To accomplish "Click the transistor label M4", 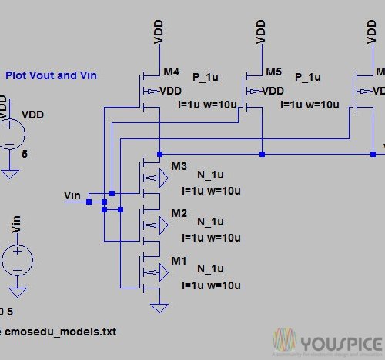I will (x=171, y=72).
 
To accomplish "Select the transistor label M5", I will (x=274, y=72).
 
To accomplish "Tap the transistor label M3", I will (x=179, y=166).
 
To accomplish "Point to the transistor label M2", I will (x=179, y=212).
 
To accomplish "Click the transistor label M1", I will (x=179, y=261).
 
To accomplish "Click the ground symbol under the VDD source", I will (x=10, y=172).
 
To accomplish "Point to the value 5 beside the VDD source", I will (x=25, y=154).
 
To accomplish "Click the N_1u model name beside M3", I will (x=209, y=175).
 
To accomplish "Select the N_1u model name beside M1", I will (x=209, y=268).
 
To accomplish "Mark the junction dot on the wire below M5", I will (x=262, y=154).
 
